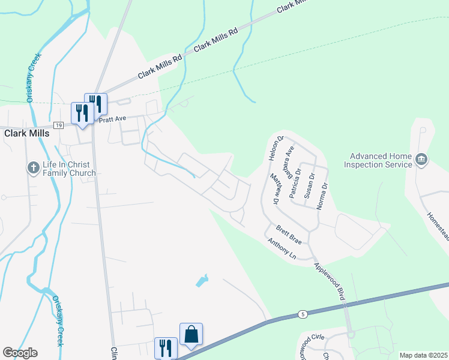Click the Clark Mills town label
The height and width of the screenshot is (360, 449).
(x=27, y=134)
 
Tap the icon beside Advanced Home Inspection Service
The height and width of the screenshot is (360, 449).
(x=421, y=159)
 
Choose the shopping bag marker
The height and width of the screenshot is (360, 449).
(x=191, y=334)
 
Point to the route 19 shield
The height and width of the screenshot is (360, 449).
(x=58, y=125)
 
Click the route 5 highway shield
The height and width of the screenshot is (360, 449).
(x=303, y=314)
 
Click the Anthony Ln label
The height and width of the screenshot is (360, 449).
(x=282, y=249)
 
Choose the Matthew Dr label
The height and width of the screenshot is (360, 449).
(x=273, y=190)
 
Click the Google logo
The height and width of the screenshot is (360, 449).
(x=20, y=353)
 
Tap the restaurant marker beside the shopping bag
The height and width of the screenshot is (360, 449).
(x=166, y=348)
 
